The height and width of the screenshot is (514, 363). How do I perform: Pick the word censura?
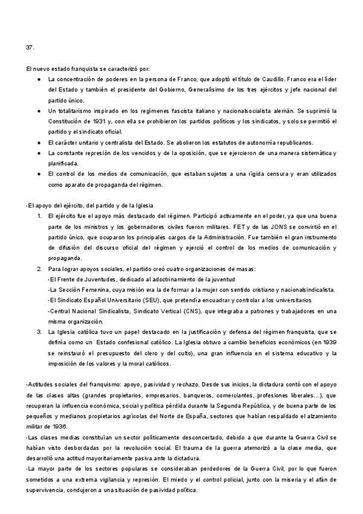pos(255,174)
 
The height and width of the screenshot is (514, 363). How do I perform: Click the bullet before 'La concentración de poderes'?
pos(39,79)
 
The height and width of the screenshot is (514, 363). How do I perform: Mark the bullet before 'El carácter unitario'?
pos(39,142)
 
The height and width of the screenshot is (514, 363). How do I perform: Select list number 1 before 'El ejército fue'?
pos(38,216)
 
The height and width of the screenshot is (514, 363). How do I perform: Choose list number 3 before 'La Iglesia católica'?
pos(38,332)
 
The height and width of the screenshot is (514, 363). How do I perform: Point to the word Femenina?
pos(93,290)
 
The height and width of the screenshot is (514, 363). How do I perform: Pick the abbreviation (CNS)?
pos(186,311)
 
